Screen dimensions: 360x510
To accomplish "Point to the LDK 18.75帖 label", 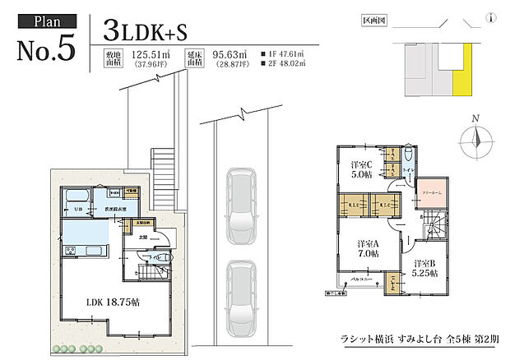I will click(x=112, y=302).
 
